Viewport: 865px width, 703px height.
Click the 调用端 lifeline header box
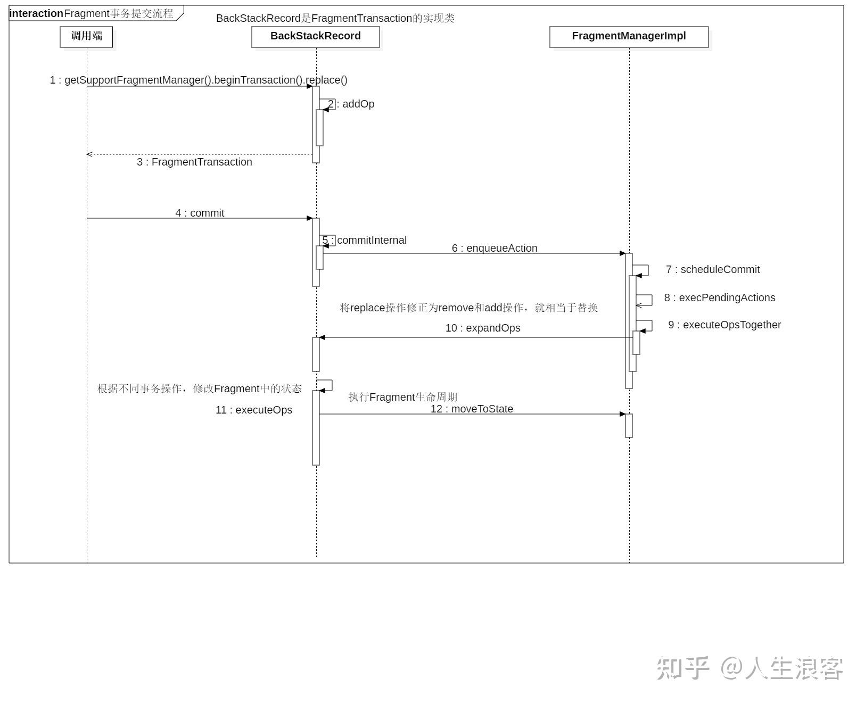point(86,37)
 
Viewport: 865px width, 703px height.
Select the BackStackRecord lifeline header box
point(315,37)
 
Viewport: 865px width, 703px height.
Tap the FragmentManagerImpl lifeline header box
point(629,37)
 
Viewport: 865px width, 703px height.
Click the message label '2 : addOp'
point(351,104)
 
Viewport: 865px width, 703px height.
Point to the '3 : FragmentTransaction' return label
point(194,162)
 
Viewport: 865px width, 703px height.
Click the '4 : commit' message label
point(200,213)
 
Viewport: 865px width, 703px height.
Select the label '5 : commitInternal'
point(365,241)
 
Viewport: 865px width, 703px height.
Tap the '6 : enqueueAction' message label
point(495,249)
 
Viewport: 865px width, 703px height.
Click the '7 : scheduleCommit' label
point(713,270)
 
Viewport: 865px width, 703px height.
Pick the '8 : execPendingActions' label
point(720,298)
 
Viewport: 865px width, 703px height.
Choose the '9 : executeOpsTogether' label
point(724,325)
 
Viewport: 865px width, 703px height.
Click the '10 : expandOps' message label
point(483,328)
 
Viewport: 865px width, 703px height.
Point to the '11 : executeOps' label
point(254,410)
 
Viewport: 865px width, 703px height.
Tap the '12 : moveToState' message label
point(472,409)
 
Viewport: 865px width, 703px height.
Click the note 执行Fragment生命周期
point(403,397)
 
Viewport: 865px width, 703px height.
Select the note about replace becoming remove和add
point(469,308)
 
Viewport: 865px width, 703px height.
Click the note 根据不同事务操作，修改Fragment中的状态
point(200,389)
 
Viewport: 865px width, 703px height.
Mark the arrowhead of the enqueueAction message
point(622,253)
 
